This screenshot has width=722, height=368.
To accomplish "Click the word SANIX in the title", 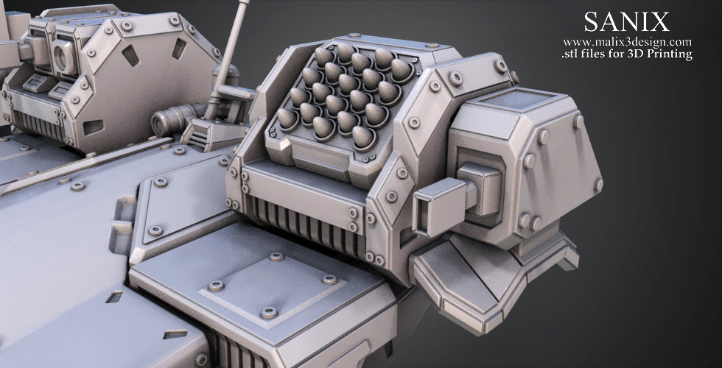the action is [x=627, y=22].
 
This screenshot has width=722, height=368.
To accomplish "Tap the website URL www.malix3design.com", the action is [x=627, y=43].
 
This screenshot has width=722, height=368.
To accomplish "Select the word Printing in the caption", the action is [x=670, y=54].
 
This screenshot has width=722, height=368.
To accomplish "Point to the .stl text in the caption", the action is [x=570, y=54].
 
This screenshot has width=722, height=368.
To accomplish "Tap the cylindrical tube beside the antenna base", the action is [x=177, y=119].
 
